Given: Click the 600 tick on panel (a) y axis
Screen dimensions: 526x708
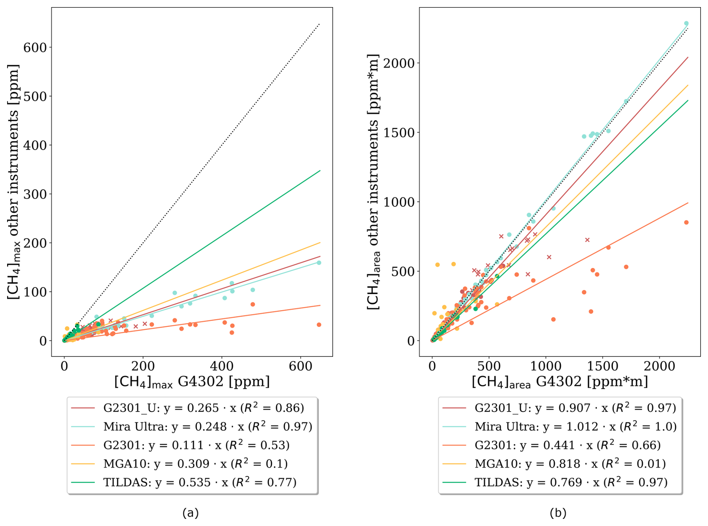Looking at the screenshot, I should click(x=35, y=48).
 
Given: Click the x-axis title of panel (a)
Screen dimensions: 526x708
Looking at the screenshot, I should click(x=192, y=382).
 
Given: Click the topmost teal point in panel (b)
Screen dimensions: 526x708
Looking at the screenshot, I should click(x=686, y=24).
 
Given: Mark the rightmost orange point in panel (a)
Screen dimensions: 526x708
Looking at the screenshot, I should click(x=319, y=325).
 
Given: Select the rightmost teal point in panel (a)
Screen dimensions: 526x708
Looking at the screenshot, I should click(x=319, y=263).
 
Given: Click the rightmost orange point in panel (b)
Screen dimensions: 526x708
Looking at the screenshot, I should click(x=686, y=223).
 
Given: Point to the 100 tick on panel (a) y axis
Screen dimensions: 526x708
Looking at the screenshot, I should click(x=35, y=292).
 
